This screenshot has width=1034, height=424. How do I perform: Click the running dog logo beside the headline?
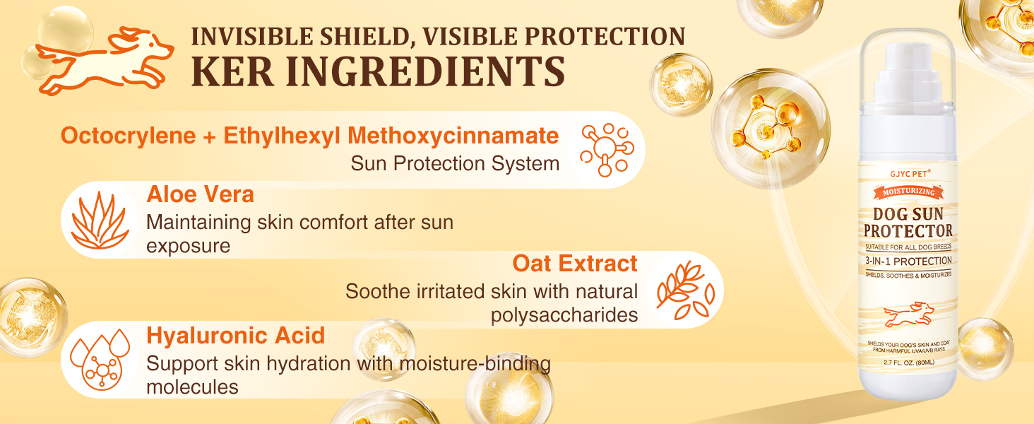[x=105, y=60]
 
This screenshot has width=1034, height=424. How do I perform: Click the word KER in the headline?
[x=232, y=71]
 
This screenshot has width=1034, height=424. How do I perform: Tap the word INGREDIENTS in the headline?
[x=425, y=71]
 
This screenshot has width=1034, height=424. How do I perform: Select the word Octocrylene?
[x=129, y=136]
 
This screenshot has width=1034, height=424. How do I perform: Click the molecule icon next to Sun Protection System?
[x=607, y=150]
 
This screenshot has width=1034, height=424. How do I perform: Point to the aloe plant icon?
[x=100, y=220]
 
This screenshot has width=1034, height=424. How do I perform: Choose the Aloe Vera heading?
[x=200, y=194]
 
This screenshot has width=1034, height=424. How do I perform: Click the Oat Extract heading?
[x=575, y=264]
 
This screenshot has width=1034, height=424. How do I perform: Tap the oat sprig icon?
[x=685, y=290]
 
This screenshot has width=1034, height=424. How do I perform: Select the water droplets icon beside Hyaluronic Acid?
[x=100, y=359]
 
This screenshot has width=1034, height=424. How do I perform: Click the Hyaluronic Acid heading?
[x=235, y=336]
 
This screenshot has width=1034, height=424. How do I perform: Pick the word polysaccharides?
[x=564, y=315]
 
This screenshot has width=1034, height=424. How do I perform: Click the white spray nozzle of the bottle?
[x=907, y=74]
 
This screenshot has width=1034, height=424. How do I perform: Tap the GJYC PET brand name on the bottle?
[x=905, y=174]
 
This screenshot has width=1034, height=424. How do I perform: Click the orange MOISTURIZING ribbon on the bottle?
[x=908, y=192]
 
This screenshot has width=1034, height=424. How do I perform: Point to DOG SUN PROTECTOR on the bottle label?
[x=908, y=223]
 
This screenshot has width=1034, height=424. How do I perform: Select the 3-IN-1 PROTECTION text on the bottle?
[x=908, y=261]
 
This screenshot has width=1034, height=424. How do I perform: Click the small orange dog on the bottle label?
[x=909, y=315]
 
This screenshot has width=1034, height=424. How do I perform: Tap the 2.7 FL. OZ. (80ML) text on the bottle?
[x=908, y=363]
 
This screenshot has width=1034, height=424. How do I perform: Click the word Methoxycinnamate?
[x=453, y=136]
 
